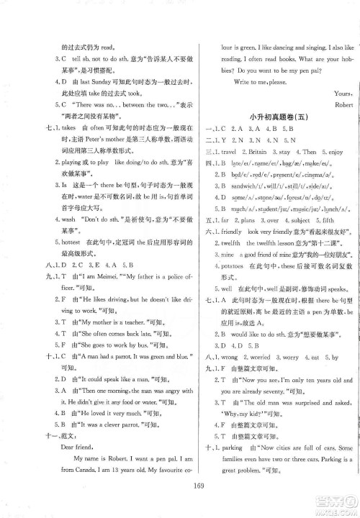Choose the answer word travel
[x=231, y=152]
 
